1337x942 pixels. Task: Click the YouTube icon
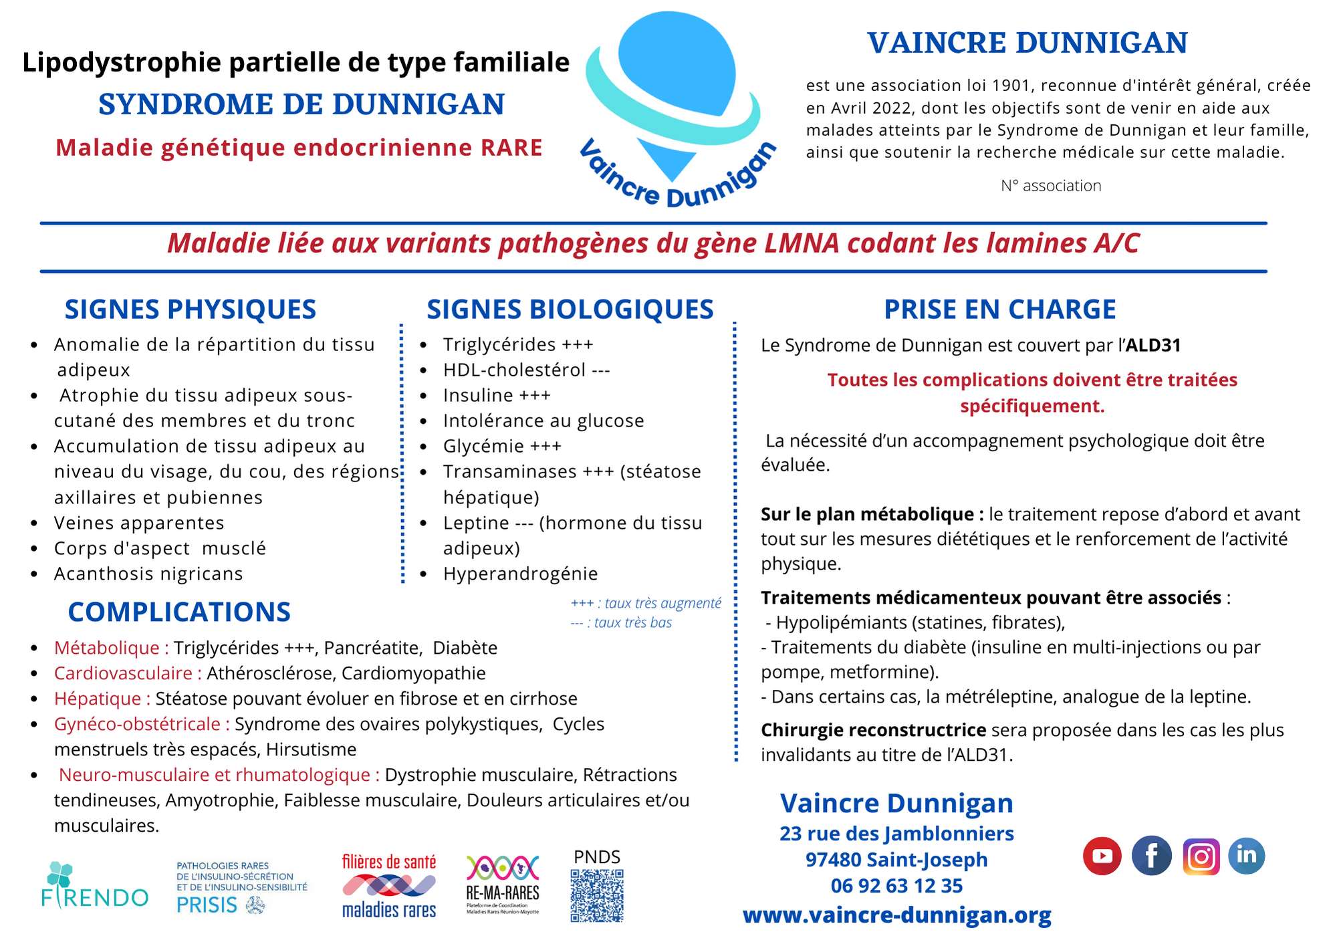[1102, 856]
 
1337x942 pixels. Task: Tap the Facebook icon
[1152, 856]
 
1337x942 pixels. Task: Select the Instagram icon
[1201, 856]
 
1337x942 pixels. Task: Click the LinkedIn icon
[1247, 856]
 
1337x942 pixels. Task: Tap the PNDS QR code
[597, 896]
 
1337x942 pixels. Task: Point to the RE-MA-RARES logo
[503, 885]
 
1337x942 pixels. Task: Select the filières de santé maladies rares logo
[389, 886]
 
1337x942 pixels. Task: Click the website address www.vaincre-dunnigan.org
[897, 915]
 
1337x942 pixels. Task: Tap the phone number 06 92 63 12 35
[897, 886]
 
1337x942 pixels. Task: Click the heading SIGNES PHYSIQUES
[191, 310]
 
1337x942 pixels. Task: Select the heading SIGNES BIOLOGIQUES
[570, 310]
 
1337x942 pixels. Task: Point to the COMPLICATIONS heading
[179, 612]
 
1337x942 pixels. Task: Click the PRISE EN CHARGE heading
[1000, 310]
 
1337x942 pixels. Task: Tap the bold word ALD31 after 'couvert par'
[1153, 346]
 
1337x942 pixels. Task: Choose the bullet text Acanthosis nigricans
[148, 574]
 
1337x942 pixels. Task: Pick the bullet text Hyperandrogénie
[520, 574]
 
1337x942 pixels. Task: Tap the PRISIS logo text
[207, 905]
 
